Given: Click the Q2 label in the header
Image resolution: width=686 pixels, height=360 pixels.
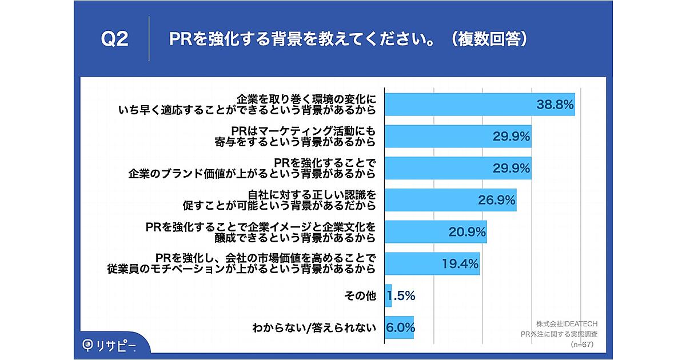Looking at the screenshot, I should point(114,40).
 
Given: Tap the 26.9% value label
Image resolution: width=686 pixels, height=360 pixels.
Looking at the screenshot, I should point(496,200).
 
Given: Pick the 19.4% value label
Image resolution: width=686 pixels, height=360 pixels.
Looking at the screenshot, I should point(460,264).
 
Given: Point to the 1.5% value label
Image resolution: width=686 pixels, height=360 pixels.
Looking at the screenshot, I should point(401,296).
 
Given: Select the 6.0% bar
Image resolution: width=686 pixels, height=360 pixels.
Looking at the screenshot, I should point(399,328).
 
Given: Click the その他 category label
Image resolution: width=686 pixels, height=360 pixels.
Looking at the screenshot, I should point(360,296).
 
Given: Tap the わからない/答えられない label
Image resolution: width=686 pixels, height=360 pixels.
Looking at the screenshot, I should point(314,328).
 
